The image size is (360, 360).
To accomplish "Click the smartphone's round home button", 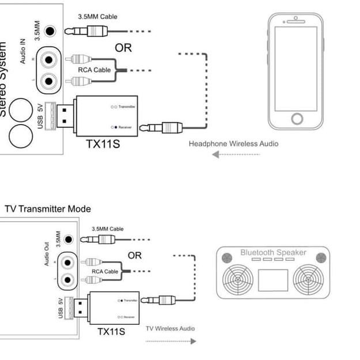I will click(x=297, y=119).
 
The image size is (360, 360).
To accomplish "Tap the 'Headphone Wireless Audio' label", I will click(x=233, y=143).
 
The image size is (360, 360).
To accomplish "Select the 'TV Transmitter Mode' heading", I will click(x=48, y=209).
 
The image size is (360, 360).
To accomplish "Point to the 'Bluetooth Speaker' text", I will click(x=273, y=253).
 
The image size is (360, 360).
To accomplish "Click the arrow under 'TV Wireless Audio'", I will click(x=170, y=341).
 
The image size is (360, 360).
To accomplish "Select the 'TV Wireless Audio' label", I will click(x=170, y=328).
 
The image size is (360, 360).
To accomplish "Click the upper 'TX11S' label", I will click(x=103, y=143).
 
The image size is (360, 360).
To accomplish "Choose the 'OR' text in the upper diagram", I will click(x=123, y=48).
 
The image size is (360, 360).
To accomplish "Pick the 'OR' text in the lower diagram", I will click(x=134, y=255).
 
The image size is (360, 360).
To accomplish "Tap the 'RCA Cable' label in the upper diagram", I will click(x=94, y=70).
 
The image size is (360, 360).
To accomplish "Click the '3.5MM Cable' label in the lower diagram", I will click(x=109, y=229).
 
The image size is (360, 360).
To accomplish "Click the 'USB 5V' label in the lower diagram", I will click(x=60, y=308).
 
